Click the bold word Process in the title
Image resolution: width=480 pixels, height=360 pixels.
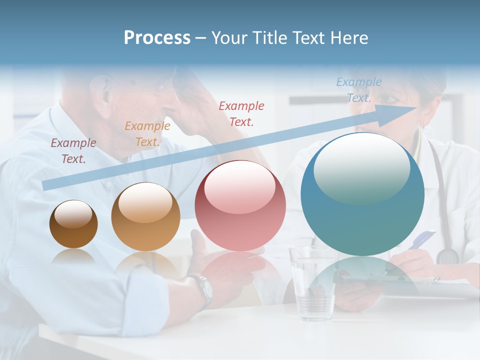pos(157,37)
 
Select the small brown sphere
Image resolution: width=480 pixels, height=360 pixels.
pos(73,224)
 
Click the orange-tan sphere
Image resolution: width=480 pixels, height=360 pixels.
pos(145,217)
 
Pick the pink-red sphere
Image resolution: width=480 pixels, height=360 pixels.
pos(240,206)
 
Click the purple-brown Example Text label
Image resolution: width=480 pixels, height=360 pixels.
pos(73,150)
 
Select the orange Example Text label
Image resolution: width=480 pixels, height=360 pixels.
pos(147,133)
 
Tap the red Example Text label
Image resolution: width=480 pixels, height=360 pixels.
pos(241,113)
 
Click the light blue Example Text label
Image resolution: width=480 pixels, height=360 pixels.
pos(358,90)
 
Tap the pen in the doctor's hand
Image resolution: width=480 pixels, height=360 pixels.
pos(420,239)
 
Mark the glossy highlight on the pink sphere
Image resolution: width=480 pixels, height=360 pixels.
pos(239,186)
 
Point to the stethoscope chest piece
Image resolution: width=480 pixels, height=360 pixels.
pos(447,256)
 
